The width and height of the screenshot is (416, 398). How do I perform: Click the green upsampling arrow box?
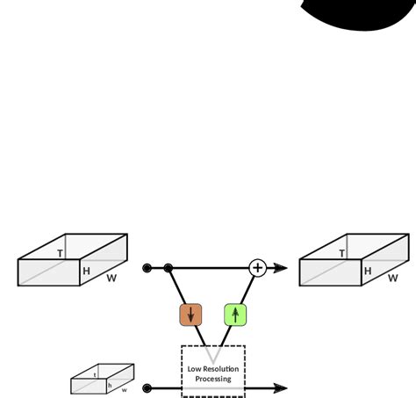click(x=235, y=315)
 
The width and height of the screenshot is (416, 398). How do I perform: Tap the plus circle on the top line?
click(x=257, y=267)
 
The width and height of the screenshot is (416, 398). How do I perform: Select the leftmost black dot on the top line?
click(x=147, y=267)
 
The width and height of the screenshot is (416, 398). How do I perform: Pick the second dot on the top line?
click(x=169, y=267)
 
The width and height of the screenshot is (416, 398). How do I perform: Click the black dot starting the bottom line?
click(x=147, y=387)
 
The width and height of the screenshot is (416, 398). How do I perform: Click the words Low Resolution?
click(x=213, y=369)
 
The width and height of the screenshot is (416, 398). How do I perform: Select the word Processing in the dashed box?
click(x=213, y=379)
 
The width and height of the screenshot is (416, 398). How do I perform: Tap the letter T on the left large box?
click(x=60, y=254)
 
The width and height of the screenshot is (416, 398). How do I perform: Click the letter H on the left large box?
click(x=86, y=271)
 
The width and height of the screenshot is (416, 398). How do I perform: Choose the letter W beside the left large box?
click(x=111, y=279)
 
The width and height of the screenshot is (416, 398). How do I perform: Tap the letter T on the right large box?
click(x=341, y=254)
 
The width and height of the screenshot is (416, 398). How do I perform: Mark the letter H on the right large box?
click(x=368, y=271)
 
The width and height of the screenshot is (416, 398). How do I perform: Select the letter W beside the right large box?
click(x=393, y=279)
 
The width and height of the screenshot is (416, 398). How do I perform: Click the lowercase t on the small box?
click(x=95, y=374)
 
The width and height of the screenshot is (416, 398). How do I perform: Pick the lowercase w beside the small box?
click(x=124, y=389)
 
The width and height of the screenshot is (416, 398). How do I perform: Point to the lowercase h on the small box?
click(x=110, y=385)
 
